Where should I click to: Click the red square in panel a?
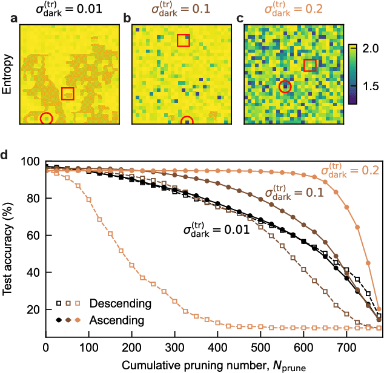coord(68,93)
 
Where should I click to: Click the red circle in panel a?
coord(46,118)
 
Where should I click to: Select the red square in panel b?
coord(183,40)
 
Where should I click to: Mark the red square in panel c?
coord(310,65)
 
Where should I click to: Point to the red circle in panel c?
coord(285,87)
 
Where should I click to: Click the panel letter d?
coord(5,154)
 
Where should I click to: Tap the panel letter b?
coord(127,19)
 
